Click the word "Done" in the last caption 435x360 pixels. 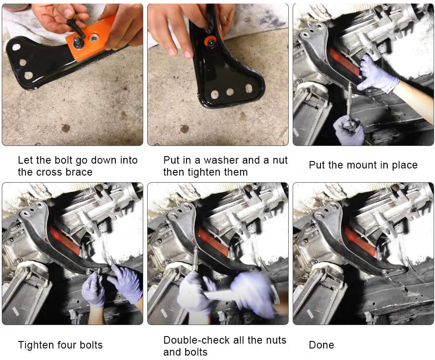coord(321,345)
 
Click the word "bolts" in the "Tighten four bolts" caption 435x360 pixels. coord(91,345)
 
